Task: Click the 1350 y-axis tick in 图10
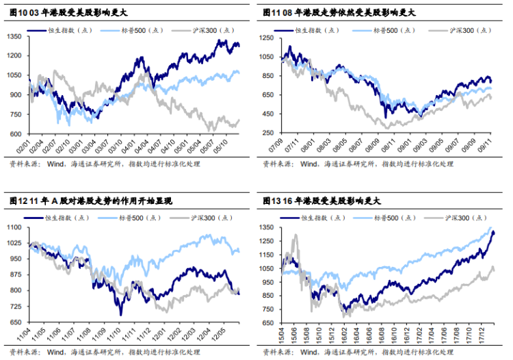tap(16, 36)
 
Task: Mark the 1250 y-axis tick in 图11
tap(269, 38)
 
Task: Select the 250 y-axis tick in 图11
tap(271, 134)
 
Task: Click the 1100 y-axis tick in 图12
tap(16, 226)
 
